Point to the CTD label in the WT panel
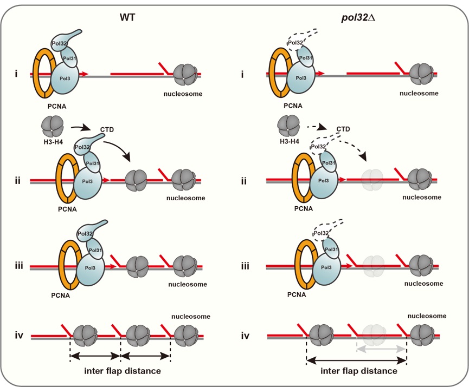click(x=107, y=130)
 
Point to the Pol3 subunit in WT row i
click(x=65, y=78)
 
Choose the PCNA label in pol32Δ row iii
click(x=296, y=294)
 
